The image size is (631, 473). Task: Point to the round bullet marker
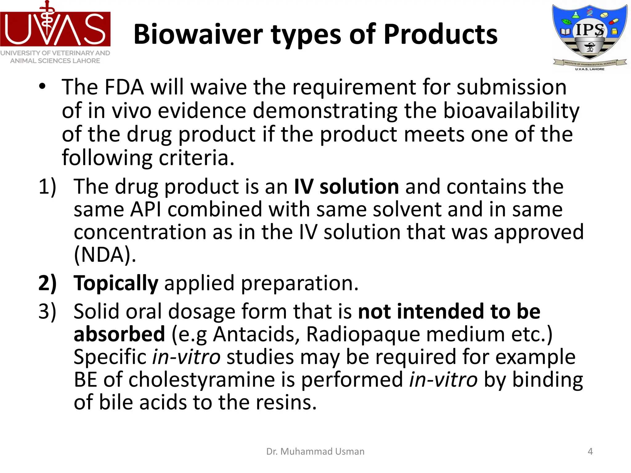coord(42,87)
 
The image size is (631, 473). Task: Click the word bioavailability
coord(511,111)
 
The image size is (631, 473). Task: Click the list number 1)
coord(47,187)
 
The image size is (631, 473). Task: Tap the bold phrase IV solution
coord(346,187)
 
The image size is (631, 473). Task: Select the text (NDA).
coord(105,255)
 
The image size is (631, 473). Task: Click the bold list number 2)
coord(47,283)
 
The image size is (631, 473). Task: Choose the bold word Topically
coord(116,283)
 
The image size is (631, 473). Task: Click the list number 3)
coord(47,311)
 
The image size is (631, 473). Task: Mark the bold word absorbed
coord(119,334)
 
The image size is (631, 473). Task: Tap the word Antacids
coord(256,334)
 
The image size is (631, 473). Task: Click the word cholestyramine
coord(202,380)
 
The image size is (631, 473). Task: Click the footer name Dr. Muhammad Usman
coord(315,451)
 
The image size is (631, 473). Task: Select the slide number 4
coord(590,451)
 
